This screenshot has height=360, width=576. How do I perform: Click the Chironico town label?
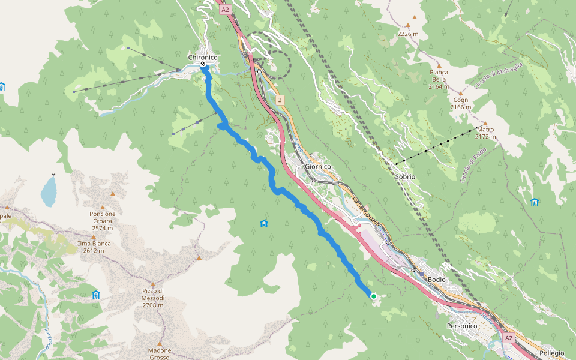[203, 57]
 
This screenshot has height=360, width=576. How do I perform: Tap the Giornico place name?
[319, 167]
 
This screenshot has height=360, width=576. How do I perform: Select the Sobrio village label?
[405, 177]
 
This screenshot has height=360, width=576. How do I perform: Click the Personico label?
[461, 325]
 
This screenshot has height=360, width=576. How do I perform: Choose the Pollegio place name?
[551, 353]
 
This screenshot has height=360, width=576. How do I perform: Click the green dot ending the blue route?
[373, 296]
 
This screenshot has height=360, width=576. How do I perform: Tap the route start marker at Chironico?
[203, 64]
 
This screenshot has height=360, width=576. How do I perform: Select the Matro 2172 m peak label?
[485, 133]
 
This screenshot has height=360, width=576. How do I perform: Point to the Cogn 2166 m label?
[461, 103]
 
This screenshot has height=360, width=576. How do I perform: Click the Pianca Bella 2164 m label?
[439, 79]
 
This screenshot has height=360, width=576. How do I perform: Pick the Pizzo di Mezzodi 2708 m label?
[152, 298]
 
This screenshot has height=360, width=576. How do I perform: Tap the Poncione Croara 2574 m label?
[103, 221]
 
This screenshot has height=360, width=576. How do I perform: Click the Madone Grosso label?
[160, 353]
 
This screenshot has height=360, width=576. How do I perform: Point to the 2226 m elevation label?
[407, 34]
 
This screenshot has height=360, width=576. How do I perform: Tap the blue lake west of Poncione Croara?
[48, 191]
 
